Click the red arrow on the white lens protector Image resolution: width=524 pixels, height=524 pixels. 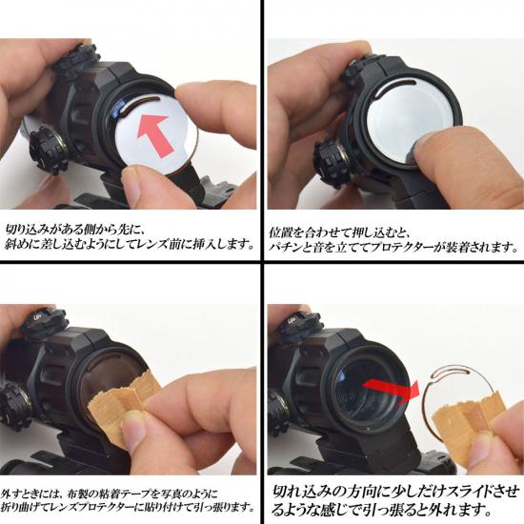click(x=155, y=134)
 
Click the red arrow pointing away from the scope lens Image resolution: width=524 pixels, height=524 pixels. click(x=392, y=389)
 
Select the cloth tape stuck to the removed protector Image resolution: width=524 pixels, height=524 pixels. click(x=468, y=421)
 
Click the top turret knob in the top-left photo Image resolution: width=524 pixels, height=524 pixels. click(x=76, y=60)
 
